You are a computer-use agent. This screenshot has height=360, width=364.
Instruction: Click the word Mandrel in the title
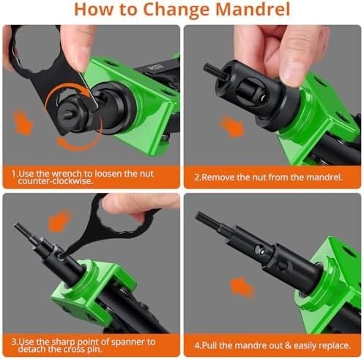click(253, 10)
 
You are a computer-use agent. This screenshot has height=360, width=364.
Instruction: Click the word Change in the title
click(176, 10)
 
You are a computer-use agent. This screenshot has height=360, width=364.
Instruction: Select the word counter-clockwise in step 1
click(56, 181)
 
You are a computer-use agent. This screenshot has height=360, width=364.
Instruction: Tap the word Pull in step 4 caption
click(209, 345)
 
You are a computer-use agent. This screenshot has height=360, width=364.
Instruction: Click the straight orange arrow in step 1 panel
click(23, 122)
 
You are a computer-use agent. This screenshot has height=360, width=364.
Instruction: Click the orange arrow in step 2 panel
click(232, 126)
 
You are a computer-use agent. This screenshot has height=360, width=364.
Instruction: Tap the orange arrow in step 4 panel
click(242, 287)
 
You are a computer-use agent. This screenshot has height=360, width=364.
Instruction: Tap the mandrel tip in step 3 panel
click(17, 226)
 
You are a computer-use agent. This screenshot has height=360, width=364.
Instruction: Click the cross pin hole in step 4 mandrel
click(259, 249)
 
